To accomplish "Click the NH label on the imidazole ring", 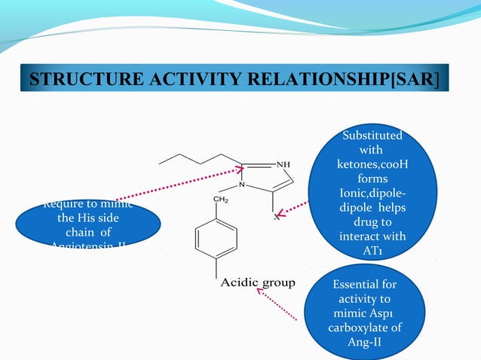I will [284, 163].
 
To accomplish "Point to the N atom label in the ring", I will [241, 185].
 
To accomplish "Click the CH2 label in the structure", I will [222, 200].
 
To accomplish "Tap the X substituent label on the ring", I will [276, 217].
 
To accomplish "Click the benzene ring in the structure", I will [216, 239].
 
